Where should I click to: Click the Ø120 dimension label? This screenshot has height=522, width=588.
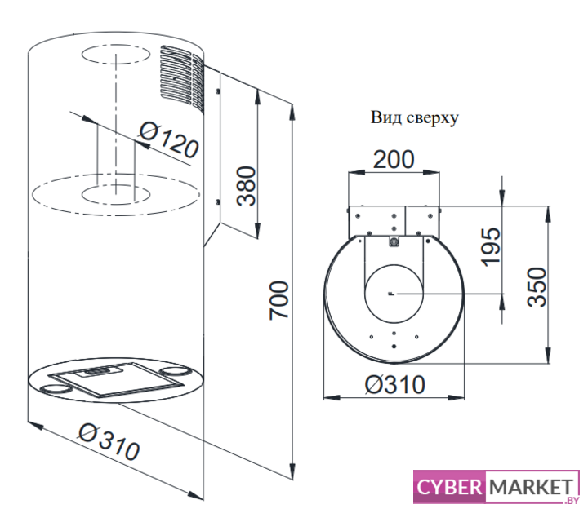[x=168, y=140]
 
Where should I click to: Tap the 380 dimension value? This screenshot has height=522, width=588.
[x=246, y=186]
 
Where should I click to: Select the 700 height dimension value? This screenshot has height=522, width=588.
[x=279, y=301]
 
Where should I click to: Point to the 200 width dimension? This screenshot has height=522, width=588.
[x=394, y=160]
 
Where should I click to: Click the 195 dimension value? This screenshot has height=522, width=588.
[x=491, y=247]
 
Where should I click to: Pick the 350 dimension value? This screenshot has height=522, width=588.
[x=537, y=287]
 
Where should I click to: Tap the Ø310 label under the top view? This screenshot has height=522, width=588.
[x=395, y=385]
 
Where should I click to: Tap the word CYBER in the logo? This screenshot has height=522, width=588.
[x=449, y=487]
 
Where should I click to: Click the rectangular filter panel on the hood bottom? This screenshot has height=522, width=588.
[x=117, y=379]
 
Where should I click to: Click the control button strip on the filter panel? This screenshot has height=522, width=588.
[x=99, y=371]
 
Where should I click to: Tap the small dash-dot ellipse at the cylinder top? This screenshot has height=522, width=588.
[x=116, y=55]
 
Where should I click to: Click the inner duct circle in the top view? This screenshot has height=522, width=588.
[x=394, y=294]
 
